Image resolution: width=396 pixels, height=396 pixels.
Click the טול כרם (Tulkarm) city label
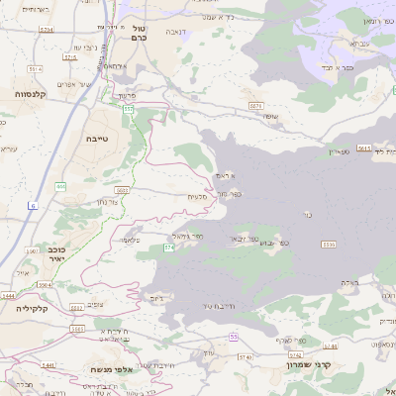tap(138, 33)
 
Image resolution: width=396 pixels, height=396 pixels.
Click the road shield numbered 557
tap(128, 110)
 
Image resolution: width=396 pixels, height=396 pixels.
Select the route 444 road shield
tap(60, 186)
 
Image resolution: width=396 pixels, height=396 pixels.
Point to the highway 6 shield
tap(33, 205)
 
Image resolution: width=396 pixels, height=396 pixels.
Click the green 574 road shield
tap(169, 247)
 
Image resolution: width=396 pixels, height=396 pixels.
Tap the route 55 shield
tap(234, 338)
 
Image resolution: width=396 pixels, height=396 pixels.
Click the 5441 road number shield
tap(8, 296)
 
